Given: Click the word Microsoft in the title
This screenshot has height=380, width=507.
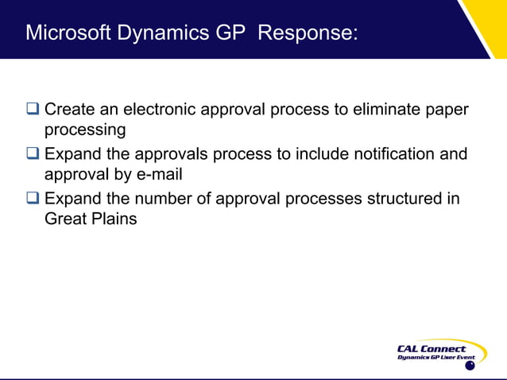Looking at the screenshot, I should (67, 33).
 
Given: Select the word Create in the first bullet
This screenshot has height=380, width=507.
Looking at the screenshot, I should (70, 109).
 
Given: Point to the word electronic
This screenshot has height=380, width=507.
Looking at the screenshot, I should (163, 109).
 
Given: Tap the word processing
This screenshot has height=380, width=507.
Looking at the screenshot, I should (85, 130).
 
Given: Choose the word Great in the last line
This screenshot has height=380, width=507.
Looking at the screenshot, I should (65, 219).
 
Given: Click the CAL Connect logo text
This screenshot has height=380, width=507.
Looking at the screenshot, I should (432, 349).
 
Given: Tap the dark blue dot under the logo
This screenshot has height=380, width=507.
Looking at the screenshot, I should (470, 366).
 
